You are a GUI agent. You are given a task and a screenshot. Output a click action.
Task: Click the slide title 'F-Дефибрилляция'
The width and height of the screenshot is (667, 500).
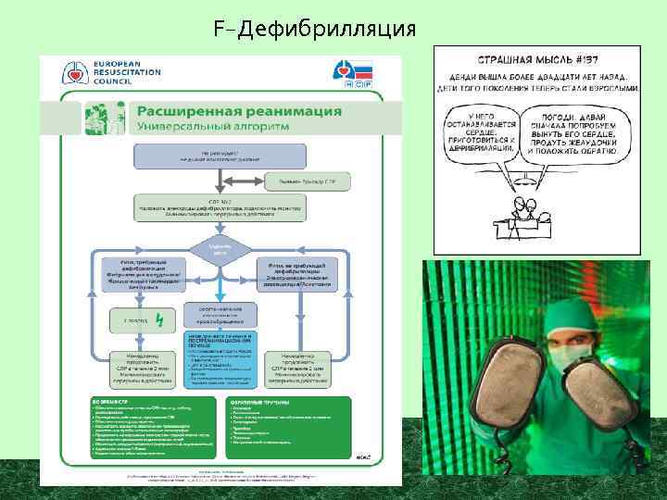click(x=314, y=29)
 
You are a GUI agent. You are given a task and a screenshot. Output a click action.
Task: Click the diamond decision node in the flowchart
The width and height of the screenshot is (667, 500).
click(x=220, y=248)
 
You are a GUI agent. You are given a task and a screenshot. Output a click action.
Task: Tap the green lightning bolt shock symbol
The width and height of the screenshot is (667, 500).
click(x=159, y=320)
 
